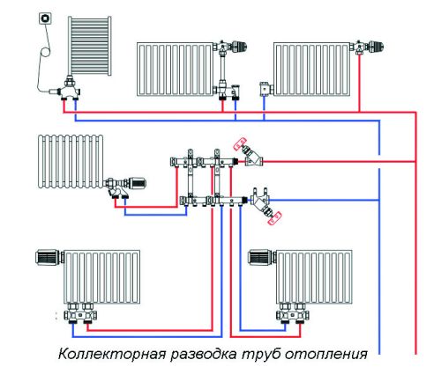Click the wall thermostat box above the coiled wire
click(x=45, y=18)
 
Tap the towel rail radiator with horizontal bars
click(x=90, y=46)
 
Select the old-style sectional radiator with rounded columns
click(x=71, y=161)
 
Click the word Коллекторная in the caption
click(x=111, y=354)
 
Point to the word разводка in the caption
click(x=204, y=355)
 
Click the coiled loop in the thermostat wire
click(x=46, y=52)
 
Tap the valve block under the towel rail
click(x=68, y=89)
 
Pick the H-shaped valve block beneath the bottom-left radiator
click(x=80, y=313)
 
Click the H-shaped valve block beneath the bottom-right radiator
click(x=293, y=313)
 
